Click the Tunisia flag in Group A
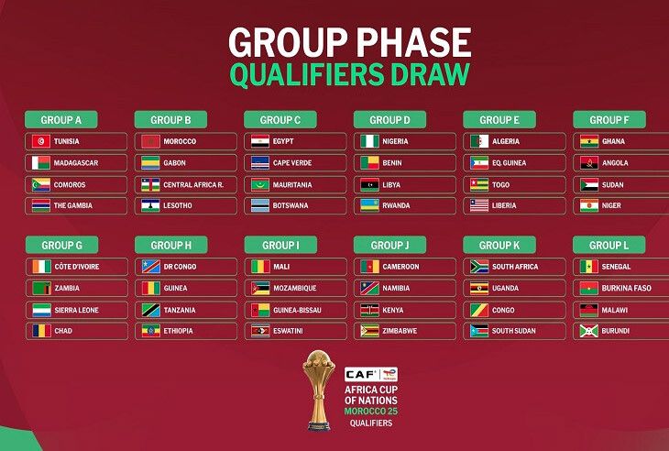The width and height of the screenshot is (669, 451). tap(41, 141)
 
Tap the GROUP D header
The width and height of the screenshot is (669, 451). tap(389, 120)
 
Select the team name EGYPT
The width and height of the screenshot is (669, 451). tap(283, 141)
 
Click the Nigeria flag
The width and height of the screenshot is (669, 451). tap(369, 141)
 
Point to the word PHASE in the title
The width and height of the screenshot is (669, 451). tap(414, 43)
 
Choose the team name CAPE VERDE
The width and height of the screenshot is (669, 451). tap(292, 163)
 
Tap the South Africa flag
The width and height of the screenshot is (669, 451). tap(479, 267)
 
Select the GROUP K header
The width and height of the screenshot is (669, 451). tap(499, 246)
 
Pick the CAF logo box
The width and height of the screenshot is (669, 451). tap(371, 375)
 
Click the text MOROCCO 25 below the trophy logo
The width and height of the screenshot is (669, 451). tap(371, 412)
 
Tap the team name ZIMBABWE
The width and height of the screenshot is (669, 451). tap(400, 331)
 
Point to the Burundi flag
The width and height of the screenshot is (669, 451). tap(588, 331)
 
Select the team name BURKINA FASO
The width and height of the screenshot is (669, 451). tap(626, 289)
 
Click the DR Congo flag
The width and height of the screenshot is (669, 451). tap(150, 267)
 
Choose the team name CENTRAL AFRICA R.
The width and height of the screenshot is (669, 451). tap(193, 185)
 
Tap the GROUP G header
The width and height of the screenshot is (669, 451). tap(62, 246)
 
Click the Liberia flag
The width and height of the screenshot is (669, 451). tap(479, 205)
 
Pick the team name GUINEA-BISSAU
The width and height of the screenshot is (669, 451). tap(297, 310)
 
